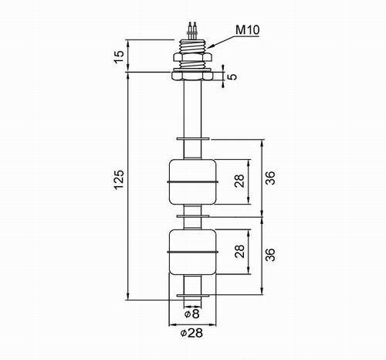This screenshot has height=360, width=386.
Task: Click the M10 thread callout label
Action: (248, 30)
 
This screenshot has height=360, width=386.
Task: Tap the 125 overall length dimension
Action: (120, 179)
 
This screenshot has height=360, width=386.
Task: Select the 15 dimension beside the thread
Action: (120, 57)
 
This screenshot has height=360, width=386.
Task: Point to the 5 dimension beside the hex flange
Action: (232, 76)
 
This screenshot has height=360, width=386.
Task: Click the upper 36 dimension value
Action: (270, 178)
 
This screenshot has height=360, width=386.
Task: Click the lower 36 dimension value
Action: (270, 255)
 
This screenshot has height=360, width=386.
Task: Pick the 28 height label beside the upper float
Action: (239, 181)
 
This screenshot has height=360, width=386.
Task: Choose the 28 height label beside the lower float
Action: (239, 251)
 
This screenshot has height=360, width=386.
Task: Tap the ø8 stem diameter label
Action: (192, 314)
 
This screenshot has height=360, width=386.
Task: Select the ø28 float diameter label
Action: (191, 333)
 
